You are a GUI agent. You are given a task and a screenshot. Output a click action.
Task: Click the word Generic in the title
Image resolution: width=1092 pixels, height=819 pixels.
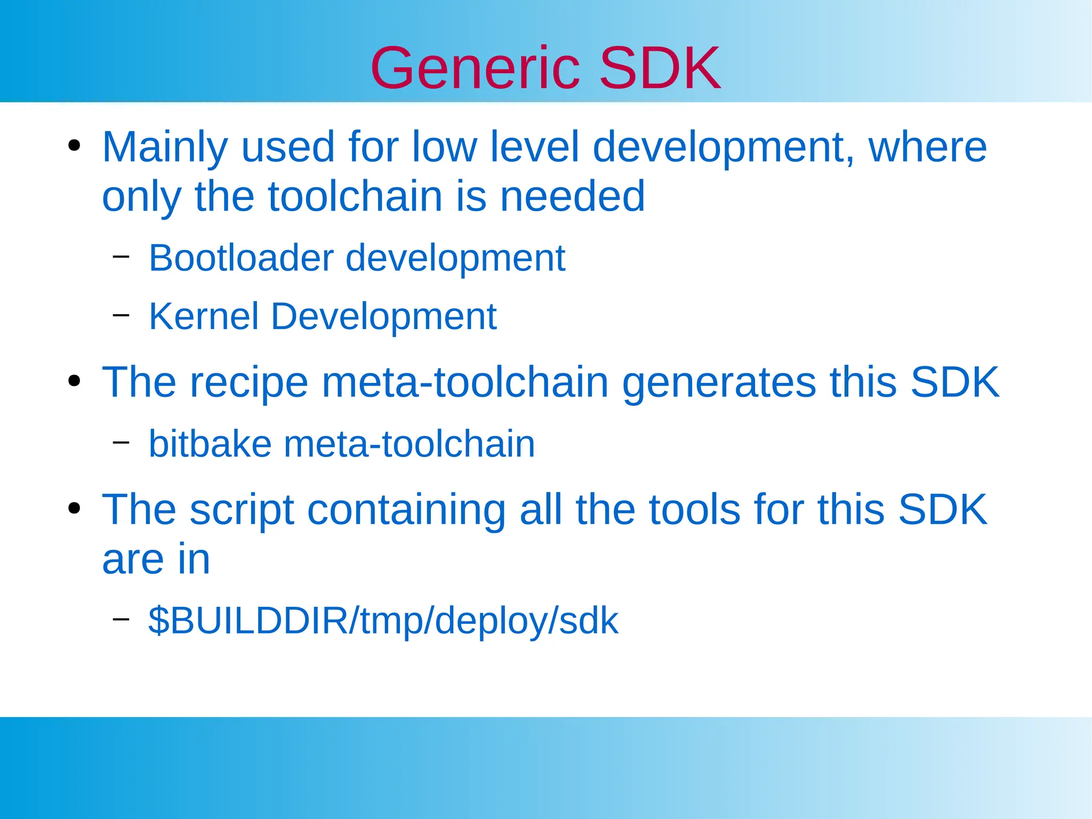475,68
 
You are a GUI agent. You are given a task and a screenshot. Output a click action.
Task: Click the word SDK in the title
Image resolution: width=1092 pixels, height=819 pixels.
660,68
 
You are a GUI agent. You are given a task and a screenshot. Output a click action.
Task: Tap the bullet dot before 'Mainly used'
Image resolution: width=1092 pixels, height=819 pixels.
74,146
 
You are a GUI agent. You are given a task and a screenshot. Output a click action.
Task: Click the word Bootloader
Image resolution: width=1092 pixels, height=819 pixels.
241,258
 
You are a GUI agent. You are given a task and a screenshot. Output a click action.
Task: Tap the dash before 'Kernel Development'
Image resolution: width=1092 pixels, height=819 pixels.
121,315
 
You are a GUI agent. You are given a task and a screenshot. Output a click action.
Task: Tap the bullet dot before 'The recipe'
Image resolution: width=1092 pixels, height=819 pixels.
74,381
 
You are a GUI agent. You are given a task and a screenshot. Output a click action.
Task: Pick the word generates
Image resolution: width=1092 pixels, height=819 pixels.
719,383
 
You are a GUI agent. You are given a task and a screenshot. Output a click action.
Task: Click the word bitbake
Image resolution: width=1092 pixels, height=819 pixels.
210,444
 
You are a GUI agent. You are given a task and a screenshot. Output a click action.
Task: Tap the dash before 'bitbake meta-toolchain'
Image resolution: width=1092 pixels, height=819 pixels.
121,442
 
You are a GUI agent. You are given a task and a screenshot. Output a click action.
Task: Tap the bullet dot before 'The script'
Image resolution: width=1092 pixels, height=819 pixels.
74,509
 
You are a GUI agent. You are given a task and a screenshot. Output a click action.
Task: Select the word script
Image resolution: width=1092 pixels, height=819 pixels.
242,510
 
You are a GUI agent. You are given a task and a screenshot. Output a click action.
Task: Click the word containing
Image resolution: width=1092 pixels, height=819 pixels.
406,510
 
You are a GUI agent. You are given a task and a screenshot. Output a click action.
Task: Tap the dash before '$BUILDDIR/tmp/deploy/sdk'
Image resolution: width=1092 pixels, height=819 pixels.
121,619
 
